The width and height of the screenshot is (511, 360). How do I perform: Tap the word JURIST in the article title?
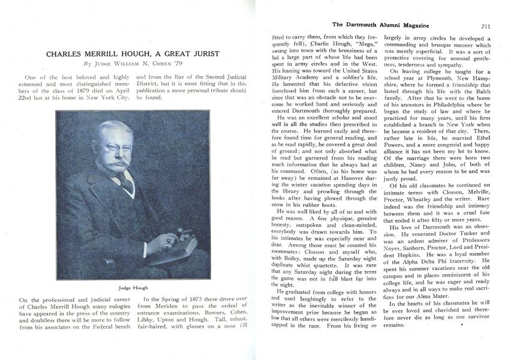click(x=202, y=53)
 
